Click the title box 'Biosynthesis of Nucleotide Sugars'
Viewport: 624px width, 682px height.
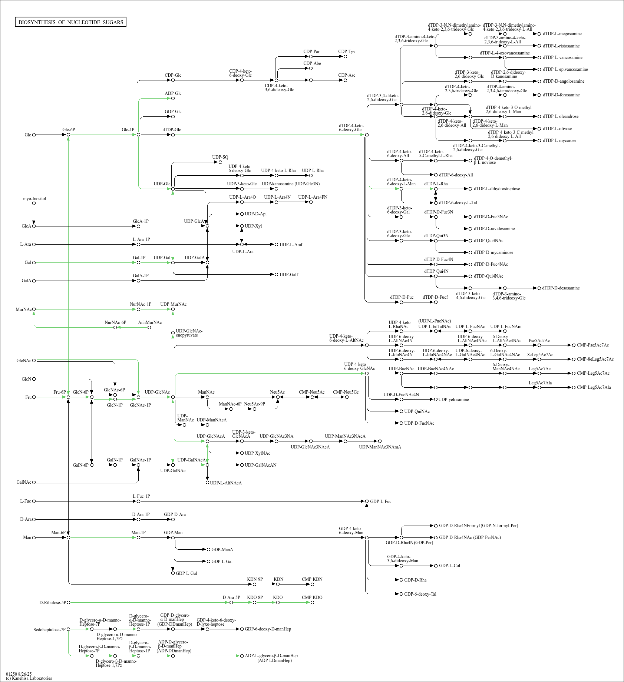click(x=71, y=22)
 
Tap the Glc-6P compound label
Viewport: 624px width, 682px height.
click(x=69, y=130)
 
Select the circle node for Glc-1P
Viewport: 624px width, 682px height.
click(x=138, y=135)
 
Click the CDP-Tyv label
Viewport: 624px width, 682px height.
click(x=347, y=52)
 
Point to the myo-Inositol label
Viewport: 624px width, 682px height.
click(x=34, y=199)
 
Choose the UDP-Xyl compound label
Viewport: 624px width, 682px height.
click(x=253, y=226)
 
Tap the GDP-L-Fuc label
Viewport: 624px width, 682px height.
click(x=380, y=501)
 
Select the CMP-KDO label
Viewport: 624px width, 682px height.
click(x=312, y=597)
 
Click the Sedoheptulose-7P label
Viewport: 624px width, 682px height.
click(x=49, y=630)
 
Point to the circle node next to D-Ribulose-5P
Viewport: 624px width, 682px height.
click(x=68, y=603)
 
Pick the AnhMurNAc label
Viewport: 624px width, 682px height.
click(x=150, y=322)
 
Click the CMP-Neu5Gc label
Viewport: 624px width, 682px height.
click(x=346, y=392)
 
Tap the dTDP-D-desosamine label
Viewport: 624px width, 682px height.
click(x=561, y=288)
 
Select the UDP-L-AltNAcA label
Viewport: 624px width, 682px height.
click(x=226, y=483)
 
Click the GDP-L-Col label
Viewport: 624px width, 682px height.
click(x=449, y=566)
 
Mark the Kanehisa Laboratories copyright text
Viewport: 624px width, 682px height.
click(x=29, y=678)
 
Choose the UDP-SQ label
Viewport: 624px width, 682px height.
click(x=220, y=157)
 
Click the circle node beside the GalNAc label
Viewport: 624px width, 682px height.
click(x=34, y=483)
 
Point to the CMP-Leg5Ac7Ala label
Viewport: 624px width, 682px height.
click(x=594, y=387)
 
